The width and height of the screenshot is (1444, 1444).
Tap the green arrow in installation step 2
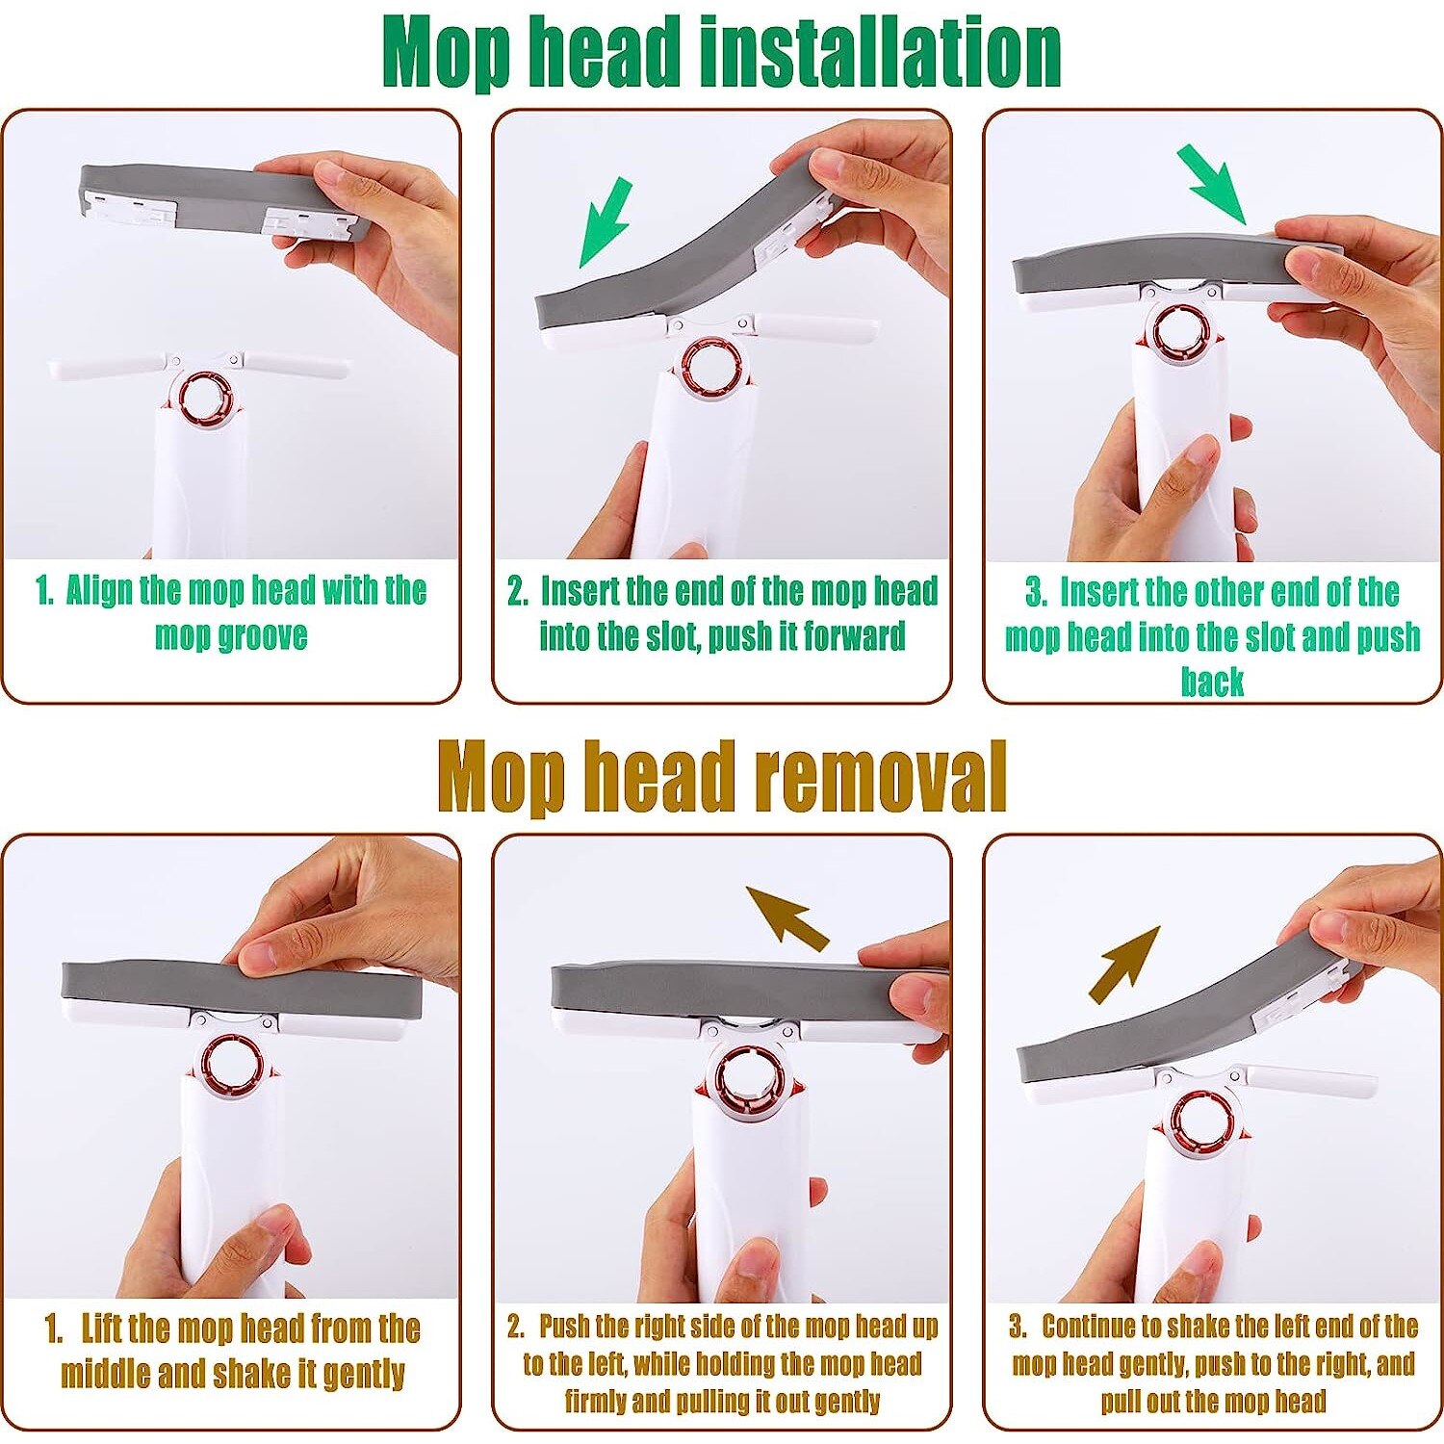click(x=606, y=222)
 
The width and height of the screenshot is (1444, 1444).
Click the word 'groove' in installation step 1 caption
click(x=261, y=636)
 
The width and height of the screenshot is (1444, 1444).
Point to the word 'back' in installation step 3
click(x=1212, y=681)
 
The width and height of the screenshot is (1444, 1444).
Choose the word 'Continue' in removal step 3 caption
click(x=1089, y=1327)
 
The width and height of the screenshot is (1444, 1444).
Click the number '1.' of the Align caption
click(x=44, y=590)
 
